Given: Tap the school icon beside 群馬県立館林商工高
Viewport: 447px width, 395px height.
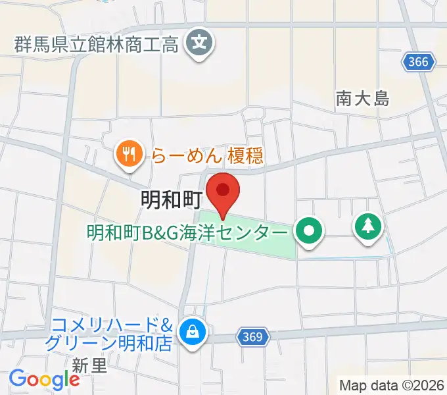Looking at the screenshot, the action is tap(199, 45).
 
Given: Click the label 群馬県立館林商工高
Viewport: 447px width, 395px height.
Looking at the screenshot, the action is tap(97, 45).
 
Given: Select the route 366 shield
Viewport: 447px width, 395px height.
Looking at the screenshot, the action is tap(417, 63).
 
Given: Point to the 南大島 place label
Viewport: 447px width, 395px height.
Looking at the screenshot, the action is tap(362, 99).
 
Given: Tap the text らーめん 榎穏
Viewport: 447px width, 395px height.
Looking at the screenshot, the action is tap(207, 155).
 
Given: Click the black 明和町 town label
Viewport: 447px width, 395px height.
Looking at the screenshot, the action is tap(170, 199).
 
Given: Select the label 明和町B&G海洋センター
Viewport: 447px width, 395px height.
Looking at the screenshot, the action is tap(187, 233).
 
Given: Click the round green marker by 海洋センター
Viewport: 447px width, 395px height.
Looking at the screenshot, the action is tap(308, 232).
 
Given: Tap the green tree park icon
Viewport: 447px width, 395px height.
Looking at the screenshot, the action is tap(368, 227).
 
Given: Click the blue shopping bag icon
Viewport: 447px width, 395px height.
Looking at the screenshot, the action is tap(194, 331).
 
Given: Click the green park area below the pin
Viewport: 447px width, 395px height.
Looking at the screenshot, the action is tap(263, 247).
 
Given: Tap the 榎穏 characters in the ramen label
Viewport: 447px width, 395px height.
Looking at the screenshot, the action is tap(245, 155).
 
